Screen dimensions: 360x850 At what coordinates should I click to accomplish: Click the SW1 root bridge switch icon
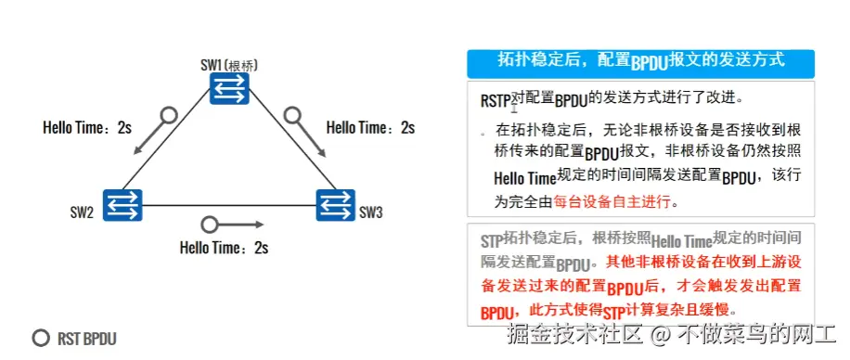click(x=228, y=88)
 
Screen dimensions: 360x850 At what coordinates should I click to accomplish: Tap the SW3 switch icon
click(x=335, y=204)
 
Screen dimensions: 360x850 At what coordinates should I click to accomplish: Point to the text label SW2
click(x=82, y=213)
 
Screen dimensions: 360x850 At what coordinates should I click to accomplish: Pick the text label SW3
click(x=371, y=213)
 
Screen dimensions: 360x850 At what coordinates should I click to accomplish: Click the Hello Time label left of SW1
click(x=87, y=127)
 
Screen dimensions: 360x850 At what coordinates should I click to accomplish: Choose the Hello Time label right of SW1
click(x=370, y=127)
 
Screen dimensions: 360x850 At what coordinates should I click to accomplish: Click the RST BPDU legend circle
click(x=40, y=339)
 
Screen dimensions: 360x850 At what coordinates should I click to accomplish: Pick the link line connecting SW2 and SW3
click(x=228, y=205)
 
